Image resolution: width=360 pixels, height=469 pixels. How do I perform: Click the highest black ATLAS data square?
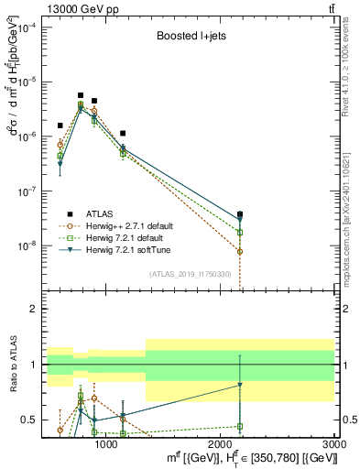pyautogui.click(x=81, y=95)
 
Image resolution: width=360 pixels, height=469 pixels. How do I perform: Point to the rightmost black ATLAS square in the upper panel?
pyautogui.click(x=240, y=214)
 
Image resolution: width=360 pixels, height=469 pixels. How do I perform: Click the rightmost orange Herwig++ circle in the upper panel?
pyautogui.click(x=240, y=251)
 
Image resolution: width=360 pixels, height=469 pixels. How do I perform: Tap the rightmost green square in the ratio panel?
pyautogui.click(x=240, y=426)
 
